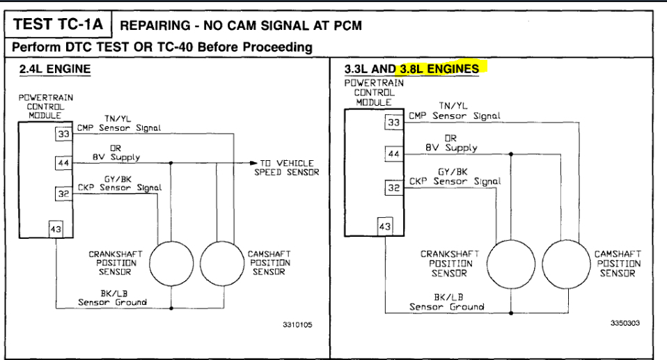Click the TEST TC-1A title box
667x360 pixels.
[x=58, y=25]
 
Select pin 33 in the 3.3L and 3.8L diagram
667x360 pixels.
[x=394, y=123]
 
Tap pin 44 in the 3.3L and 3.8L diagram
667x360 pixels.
[x=394, y=155]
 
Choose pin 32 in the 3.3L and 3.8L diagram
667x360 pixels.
[x=394, y=187]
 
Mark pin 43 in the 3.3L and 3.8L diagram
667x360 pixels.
[x=385, y=226]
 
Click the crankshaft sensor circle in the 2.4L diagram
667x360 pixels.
[x=171, y=263]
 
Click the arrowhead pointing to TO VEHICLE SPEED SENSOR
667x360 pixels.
[x=253, y=163]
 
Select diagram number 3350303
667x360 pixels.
[x=625, y=324]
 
